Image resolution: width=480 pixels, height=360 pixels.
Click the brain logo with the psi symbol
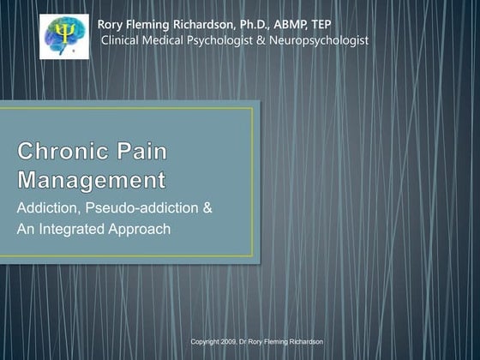coord(63,37)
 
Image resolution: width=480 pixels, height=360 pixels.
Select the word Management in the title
coord(92,182)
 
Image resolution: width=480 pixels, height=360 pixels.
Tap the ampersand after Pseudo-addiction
coord(207,209)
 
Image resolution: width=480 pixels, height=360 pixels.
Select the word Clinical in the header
coord(124,40)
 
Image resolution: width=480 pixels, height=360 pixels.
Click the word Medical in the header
coord(174,40)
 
